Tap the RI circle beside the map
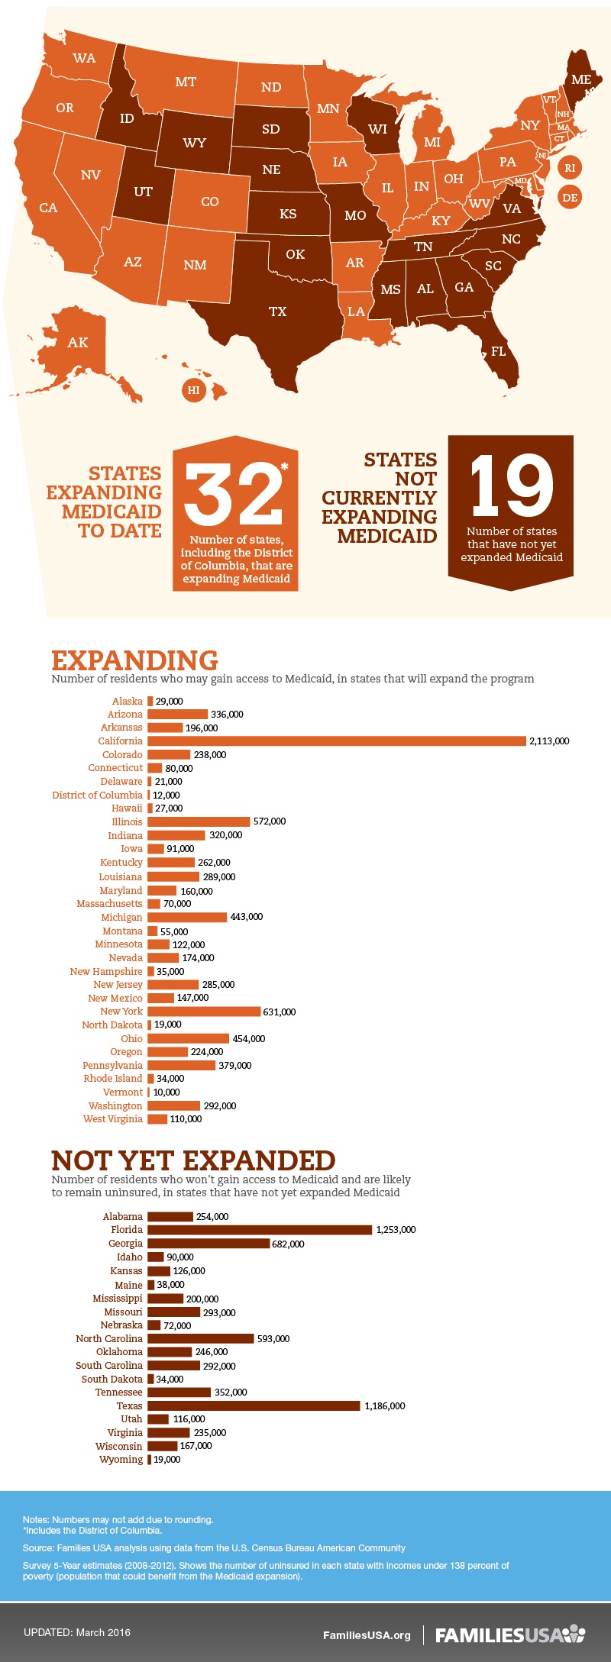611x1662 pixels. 570,168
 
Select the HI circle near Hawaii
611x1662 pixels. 194,390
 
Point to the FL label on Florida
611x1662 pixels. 498,351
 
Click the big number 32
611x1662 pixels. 233,494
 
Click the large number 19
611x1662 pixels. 511,486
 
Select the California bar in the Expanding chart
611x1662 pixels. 337,741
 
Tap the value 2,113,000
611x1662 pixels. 549,741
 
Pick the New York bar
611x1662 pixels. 204,1012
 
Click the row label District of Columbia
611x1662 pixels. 97,795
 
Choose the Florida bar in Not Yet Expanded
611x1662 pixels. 260,1229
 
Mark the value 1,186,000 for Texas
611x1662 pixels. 385,1405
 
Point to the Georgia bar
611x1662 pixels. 209,1244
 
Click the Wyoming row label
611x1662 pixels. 121,1459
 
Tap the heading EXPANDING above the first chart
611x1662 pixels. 134,660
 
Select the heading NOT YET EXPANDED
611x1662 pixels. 193,1160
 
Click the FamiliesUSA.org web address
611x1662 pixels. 367,1635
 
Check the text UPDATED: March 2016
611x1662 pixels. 76,1632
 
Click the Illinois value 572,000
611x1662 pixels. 270,821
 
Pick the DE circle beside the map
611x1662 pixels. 570,198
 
